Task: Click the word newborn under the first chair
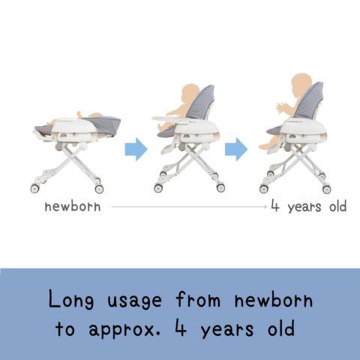pyautogui.click(x=73, y=207)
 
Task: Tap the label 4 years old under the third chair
pyautogui.click(x=309, y=206)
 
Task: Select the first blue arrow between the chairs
pyautogui.click(x=136, y=149)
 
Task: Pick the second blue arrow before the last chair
pyautogui.click(x=236, y=149)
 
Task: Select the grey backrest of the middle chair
pyautogui.click(x=202, y=103)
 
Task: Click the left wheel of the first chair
pyautogui.click(x=35, y=188)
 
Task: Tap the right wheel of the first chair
pyautogui.click(x=99, y=189)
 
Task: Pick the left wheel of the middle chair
pyautogui.click(x=158, y=188)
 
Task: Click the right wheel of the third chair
pyautogui.click(x=326, y=189)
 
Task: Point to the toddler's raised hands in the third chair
pyautogui.click(x=282, y=108)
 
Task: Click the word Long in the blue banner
pyautogui.click(x=71, y=300)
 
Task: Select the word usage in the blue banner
pyautogui.click(x=134, y=301)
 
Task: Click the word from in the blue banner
pyautogui.click(x=198, y=299)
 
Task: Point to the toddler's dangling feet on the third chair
pyautogui.click(x=266, y=146)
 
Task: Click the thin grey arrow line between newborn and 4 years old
pyautogui.click(x=189, y=207)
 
